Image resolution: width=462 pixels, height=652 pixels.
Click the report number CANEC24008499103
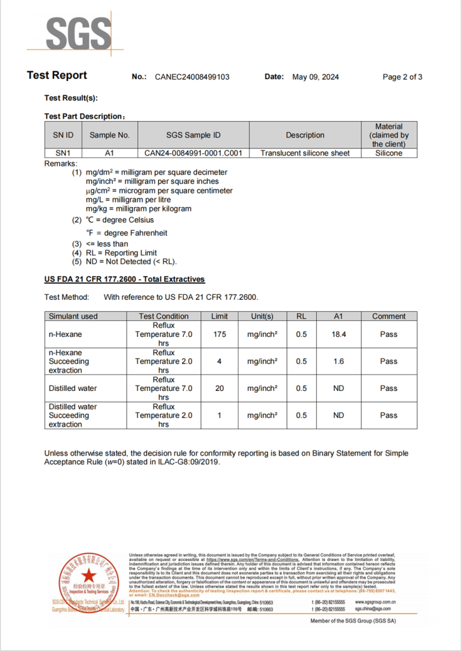click(192, 77)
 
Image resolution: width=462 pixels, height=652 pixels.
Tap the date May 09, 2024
click(315, 77)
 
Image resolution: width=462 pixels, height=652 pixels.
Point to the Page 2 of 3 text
click(402, 77)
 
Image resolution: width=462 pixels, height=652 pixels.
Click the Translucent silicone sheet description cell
click(305, 153)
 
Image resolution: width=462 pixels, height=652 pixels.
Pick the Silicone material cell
click(388, 153)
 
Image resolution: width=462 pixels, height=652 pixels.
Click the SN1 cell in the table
click(62, 153)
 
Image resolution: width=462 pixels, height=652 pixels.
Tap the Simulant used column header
click(73, 316)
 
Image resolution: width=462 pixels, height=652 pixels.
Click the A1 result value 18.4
click(338, 334)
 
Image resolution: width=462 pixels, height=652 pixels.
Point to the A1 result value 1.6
click(338, 362)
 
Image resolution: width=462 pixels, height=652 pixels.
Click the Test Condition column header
click(164, 316)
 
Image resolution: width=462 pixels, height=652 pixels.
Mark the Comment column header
click(388, 316)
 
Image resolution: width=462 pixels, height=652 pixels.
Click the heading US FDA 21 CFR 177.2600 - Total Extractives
click(124, 280)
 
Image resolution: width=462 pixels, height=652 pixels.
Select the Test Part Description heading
click(84, 117)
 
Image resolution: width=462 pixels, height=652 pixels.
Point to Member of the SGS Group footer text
click(353, 621)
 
